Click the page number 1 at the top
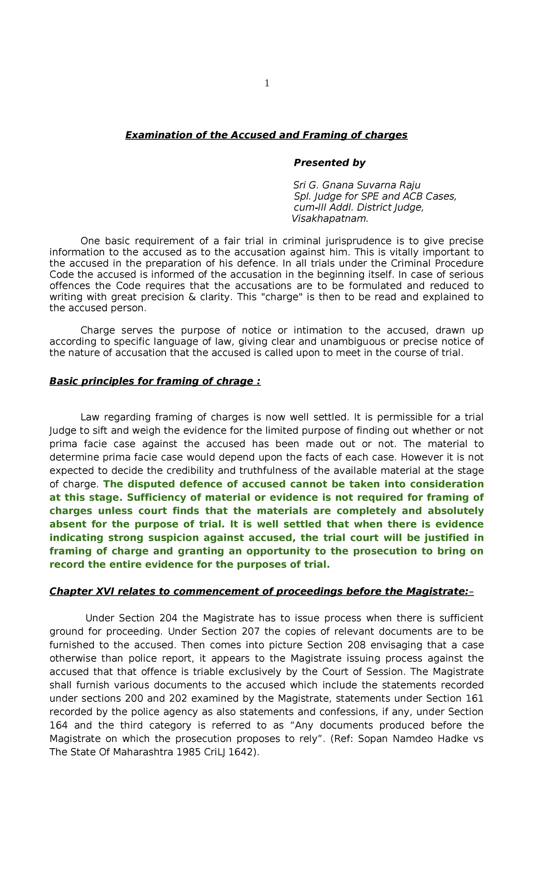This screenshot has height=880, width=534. pyautogui.click(x=267, y=83)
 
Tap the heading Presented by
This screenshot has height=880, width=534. pyautogui.click(x=329, y=163)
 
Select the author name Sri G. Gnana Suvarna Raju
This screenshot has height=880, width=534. pyautogui.click(x=356, y=185)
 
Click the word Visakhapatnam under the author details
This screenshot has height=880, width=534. pyautogui.click(x=330, y=219)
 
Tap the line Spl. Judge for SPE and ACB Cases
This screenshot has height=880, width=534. pyautogui.click(x=375, y=196)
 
